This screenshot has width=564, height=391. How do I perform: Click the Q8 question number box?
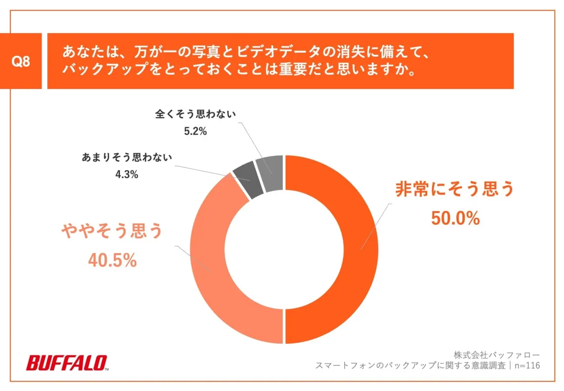point(21,62)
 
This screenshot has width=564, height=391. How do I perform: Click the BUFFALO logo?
point(67,363)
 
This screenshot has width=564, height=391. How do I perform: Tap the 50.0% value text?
point(455,218)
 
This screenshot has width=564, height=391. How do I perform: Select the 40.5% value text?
point(112,261)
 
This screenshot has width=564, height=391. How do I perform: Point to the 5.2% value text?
point(195,131)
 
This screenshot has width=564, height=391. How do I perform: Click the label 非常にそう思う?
point(454,190)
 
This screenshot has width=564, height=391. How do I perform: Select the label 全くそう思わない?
point(195,115)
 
